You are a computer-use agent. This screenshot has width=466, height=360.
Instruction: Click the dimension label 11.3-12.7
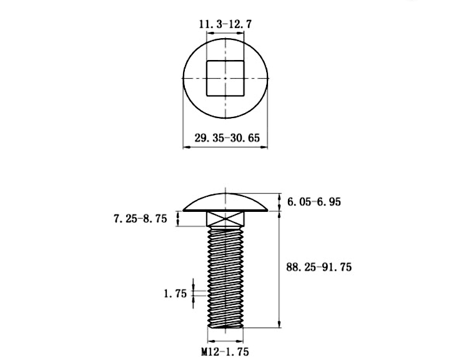226,24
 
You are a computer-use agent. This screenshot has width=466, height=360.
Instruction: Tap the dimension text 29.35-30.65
227,138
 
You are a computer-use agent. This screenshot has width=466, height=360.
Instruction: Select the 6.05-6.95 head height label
314,202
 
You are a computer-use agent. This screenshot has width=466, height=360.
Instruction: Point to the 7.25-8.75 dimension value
141,219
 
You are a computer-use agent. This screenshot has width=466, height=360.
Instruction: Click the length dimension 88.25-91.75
319,267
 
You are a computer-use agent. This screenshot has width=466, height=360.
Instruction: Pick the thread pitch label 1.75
176,294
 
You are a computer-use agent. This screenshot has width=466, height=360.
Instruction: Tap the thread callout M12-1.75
225,352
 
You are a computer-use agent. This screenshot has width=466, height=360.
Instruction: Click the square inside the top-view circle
226,79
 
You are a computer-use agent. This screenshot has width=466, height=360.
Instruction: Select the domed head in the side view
226,202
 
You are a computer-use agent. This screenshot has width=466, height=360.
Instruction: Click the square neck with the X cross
226,219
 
